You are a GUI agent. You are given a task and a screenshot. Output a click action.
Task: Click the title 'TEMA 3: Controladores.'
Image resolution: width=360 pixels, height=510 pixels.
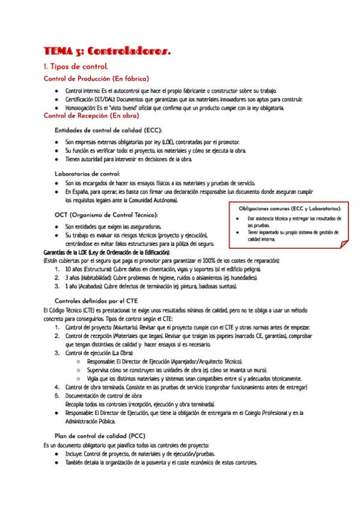(x=108, y=52)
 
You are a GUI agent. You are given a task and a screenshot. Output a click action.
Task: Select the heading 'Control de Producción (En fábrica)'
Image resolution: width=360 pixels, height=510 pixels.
(x=96, y=78)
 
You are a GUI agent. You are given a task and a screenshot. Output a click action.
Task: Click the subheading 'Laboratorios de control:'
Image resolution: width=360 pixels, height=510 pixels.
(x=87, y=174)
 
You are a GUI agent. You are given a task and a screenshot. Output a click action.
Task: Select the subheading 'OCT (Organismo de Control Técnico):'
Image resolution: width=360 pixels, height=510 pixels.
(x=106, y=215)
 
